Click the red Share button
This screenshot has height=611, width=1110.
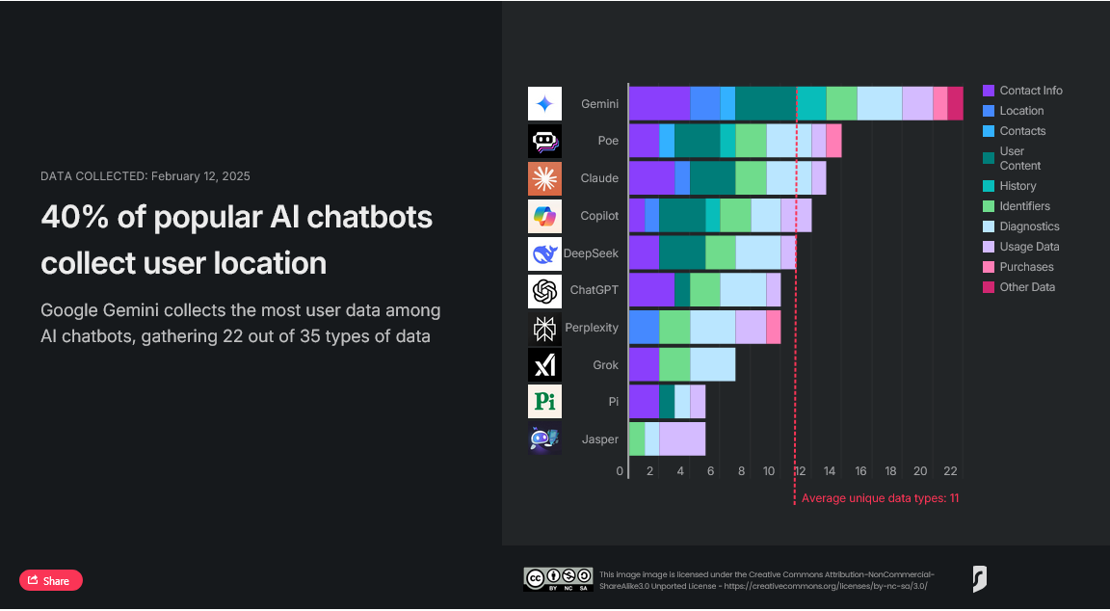point(51,580)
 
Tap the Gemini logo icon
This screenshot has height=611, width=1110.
point(544,104)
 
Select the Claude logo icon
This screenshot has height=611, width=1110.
point(544,178)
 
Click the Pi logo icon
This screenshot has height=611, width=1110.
point(544,402)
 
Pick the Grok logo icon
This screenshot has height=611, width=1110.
point(544,365)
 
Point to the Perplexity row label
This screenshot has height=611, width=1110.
point(592,328)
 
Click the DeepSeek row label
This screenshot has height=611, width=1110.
point(591,253)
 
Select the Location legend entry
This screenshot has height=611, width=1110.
point(1021,111)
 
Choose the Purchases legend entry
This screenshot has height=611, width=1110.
point(1026,267)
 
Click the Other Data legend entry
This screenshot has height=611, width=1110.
point(1027,287)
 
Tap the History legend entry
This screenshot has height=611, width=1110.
point(1017,186)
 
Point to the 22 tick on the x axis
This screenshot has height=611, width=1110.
point(950,471)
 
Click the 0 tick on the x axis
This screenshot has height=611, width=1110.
point(621,471)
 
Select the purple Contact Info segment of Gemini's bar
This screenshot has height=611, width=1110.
point(659,103)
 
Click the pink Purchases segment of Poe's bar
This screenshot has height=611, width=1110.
point(833,141)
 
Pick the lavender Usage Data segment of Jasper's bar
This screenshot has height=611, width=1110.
point(682,438)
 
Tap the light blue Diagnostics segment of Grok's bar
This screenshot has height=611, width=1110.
point(712,364)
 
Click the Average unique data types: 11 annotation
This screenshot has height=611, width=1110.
point(880,498)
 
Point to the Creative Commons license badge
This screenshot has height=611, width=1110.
point(557,578)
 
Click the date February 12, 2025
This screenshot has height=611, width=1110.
point(200,176)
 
